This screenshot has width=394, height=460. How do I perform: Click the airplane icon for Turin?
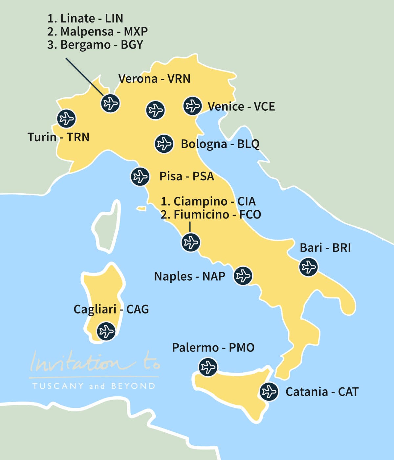(x=66, y=119)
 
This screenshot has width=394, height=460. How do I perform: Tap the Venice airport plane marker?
(x=192, y=106)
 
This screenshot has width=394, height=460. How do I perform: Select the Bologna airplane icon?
(x=164, y=144)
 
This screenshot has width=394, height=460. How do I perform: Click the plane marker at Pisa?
(x=140, y=176)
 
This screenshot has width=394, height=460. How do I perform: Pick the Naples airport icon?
(x=243, y=275)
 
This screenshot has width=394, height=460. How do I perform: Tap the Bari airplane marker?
(x=309, y=266)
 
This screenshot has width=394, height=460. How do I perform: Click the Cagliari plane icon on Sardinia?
(x=106, y=331)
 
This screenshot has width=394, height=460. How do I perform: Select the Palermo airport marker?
(x=208, y=367)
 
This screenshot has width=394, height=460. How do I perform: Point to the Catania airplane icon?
(x=269, y=392)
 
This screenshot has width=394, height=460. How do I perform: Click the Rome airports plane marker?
(x=191, y=242)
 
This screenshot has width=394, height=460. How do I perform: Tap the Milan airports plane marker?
(x=110, y=103)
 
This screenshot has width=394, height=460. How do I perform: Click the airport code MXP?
(x=136, y=32)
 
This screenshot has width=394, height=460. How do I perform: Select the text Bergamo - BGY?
(x=95, y=45)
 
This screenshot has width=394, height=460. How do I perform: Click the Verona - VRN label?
(x=154, y=79)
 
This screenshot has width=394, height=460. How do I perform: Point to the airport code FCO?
(x=250, y=215)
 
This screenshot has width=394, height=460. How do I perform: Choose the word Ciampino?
(x=200, y=201)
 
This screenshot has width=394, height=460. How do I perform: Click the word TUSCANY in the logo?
(x=58, y=386)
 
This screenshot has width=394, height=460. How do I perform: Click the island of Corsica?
(x=107, y=227)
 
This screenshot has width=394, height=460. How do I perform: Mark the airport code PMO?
(x=242, y=348)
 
